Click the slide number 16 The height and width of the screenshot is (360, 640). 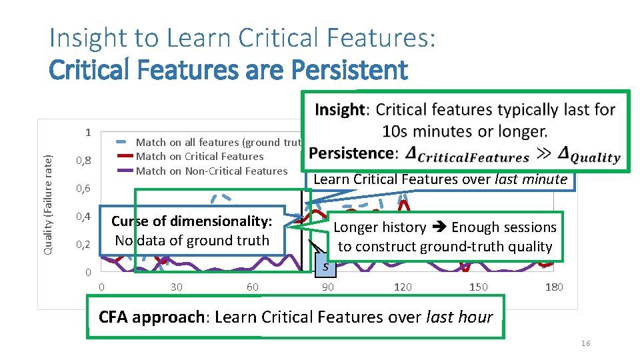click(x=585, y=343)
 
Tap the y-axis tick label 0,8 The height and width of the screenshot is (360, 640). click(x=83, y=161)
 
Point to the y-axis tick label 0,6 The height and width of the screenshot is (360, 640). click(x=83, y=189)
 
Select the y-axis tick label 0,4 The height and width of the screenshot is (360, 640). click(x=83, y=217)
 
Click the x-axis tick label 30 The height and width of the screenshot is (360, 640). click(x=177, y=287)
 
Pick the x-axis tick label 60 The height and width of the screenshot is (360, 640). click(x=252, y=287)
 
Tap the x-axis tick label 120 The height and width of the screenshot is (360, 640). click(x=403, y=287)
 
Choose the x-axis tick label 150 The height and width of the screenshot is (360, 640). click(x=478, y=287)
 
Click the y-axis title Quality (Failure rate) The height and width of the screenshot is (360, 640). click(x=48, y=203)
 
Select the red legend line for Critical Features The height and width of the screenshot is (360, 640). click(x=125, y=157)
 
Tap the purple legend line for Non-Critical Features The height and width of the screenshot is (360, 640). click(x=125, y=171)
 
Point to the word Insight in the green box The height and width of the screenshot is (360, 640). click(x=340, y=109)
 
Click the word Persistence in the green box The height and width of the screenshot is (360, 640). click(x=351, y=153)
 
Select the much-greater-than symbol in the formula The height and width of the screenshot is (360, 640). click(x=543, y=154)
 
